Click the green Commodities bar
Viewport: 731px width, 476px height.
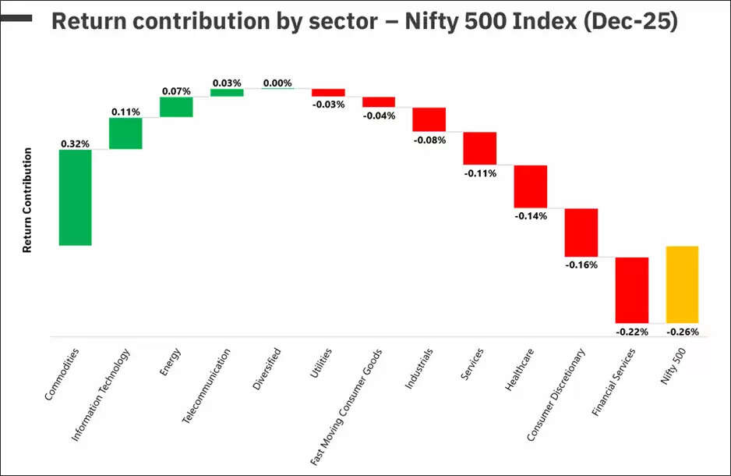(76, 197)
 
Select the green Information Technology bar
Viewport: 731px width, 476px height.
(125, 133)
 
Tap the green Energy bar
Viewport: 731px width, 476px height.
(176, 107)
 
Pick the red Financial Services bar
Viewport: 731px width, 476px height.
(632, 290)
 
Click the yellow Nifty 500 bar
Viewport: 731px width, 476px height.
(682, 284)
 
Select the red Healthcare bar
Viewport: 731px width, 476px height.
(531, 186)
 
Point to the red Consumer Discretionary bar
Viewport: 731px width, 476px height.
(581, 233)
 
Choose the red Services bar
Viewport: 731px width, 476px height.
(480, 148)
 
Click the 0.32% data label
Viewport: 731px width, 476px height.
(76, 144)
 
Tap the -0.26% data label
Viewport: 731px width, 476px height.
(683, 332)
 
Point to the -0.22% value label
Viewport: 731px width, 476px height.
(632, 332)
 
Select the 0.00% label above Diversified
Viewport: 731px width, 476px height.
(277, 83)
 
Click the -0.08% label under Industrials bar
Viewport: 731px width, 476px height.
(429, 140)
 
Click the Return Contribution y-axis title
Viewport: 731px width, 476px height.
(27, 200)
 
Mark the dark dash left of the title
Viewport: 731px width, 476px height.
(16, 16)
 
